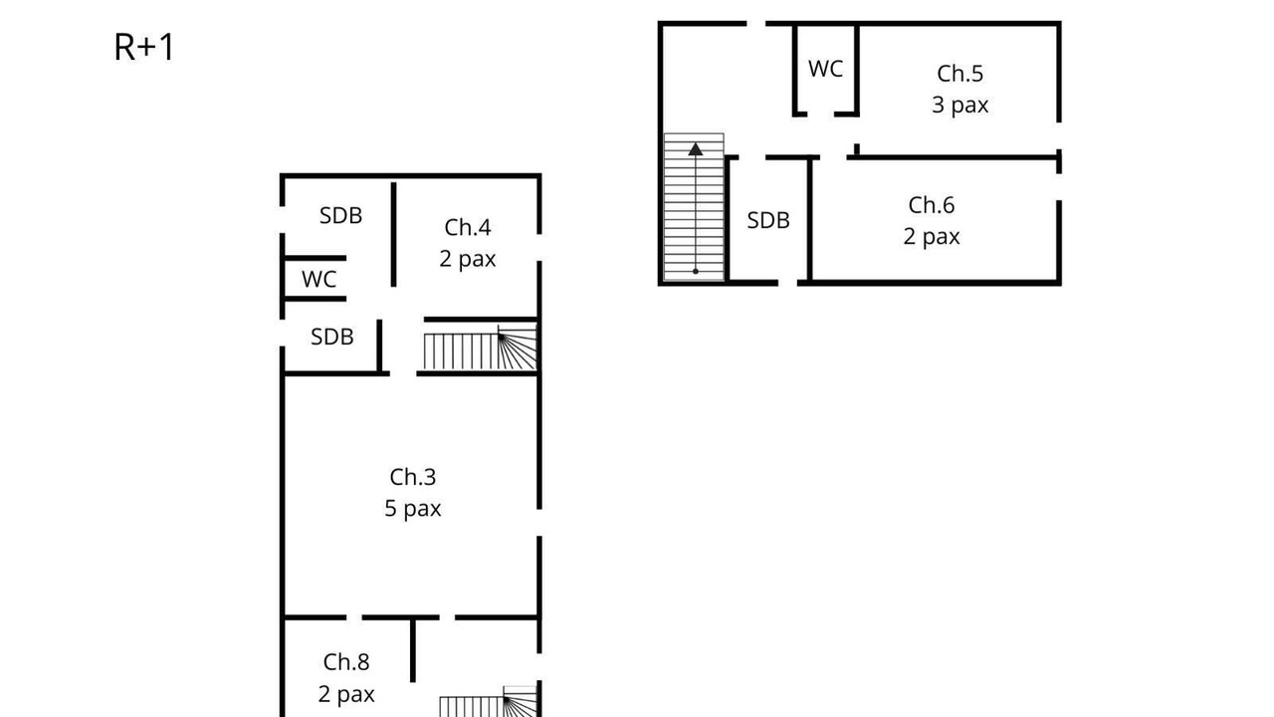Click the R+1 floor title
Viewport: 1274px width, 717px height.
[x=144, y=47]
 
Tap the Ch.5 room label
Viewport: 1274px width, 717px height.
[x=960, y=74]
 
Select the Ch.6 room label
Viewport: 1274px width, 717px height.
[x=931, y=205]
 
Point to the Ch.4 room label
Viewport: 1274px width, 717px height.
[x=468, y=228]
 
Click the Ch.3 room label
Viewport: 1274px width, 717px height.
[x=413, y=477]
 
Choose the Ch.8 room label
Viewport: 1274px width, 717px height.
[x=346, y=662]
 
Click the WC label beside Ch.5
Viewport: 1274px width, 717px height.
[x=825, y=69]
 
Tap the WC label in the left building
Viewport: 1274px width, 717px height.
[x=319, y=280]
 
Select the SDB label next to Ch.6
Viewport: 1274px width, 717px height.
[x=768, y=220]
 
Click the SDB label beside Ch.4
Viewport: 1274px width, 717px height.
[x=340, y=216]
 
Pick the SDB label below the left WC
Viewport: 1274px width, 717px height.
[x=332, y=337]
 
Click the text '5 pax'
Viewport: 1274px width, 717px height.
[x=413, y=509]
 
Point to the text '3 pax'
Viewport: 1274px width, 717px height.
[x=960, y=106]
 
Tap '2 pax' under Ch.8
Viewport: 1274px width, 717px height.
[x=346, y=694]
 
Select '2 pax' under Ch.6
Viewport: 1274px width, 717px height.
[x=932, y=237]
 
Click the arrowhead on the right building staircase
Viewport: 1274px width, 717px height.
[x=695, y=149]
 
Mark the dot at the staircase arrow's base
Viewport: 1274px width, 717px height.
[x=695, y=272]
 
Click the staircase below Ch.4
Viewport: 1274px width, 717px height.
[x=480, y=348]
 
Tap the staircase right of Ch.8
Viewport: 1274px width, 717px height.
[x=488, y=702]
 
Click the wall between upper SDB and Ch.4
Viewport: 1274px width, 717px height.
[x=393, y=234]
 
